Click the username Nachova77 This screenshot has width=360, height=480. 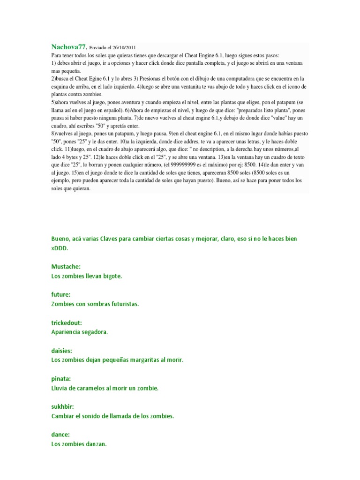tap(69, 47)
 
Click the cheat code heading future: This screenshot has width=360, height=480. tap(61, 295)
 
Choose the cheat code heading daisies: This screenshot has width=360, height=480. tap(62, 351)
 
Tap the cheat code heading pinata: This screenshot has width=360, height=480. tap(61, 379)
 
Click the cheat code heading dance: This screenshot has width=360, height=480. tap(60, 435)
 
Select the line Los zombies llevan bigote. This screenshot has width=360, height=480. tap(87, 276)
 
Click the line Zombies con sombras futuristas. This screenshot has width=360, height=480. tap(95, 304)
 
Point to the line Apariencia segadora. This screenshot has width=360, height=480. tap(80, 332)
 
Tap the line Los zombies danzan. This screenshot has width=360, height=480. tap(79, 444)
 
